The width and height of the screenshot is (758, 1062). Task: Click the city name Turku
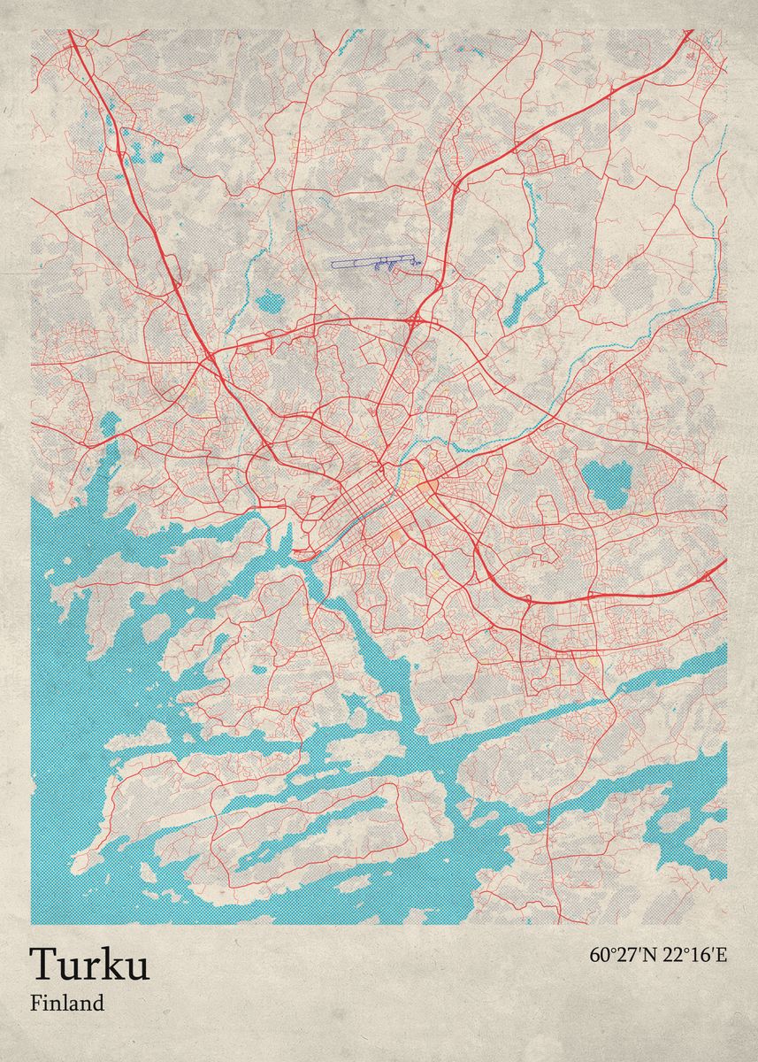point(89,965)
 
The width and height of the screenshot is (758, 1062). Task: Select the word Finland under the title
point(67,1004)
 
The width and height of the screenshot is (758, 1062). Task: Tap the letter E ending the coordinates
point(721,955)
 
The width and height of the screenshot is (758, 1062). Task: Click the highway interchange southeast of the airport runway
point(415,319)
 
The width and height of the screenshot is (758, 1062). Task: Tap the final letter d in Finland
point(99,1004)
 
